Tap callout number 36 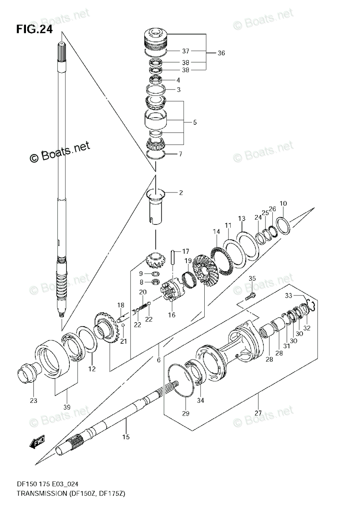[221, 53]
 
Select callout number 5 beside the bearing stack [194, 122]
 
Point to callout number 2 [180, 193]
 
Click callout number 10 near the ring [283, 204]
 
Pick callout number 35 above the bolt [252, 278]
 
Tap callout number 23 [34, 400]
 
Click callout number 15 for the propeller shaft [126, 436]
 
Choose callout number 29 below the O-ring [186, 413]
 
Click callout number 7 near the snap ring [180, 154]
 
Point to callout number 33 [289, 295]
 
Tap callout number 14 [217, 232]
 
